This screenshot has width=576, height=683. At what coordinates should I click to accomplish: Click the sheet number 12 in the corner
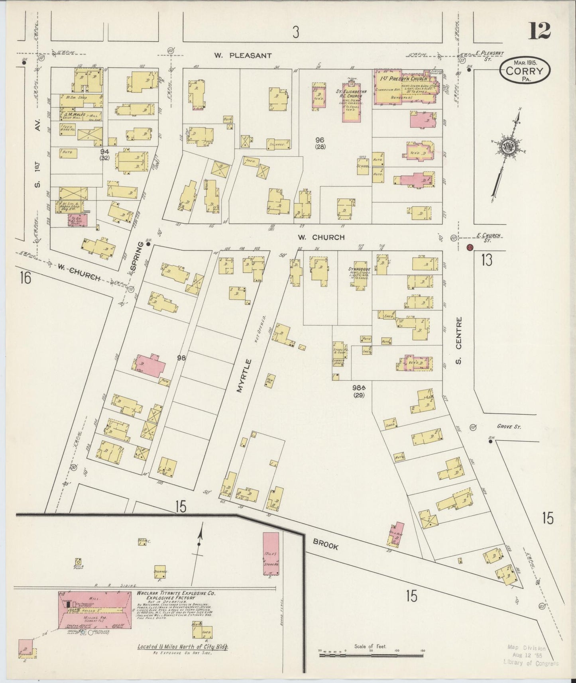tap(540, 31)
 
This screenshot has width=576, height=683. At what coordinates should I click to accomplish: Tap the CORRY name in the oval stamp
tap(525, 72)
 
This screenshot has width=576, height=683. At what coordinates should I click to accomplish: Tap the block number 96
tap(320, 139)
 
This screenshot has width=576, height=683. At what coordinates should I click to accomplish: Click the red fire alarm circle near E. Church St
tap(470, 247)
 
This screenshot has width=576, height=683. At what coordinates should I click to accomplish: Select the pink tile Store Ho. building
tap(271, 554)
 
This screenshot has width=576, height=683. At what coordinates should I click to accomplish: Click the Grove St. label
tap(509, 426)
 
